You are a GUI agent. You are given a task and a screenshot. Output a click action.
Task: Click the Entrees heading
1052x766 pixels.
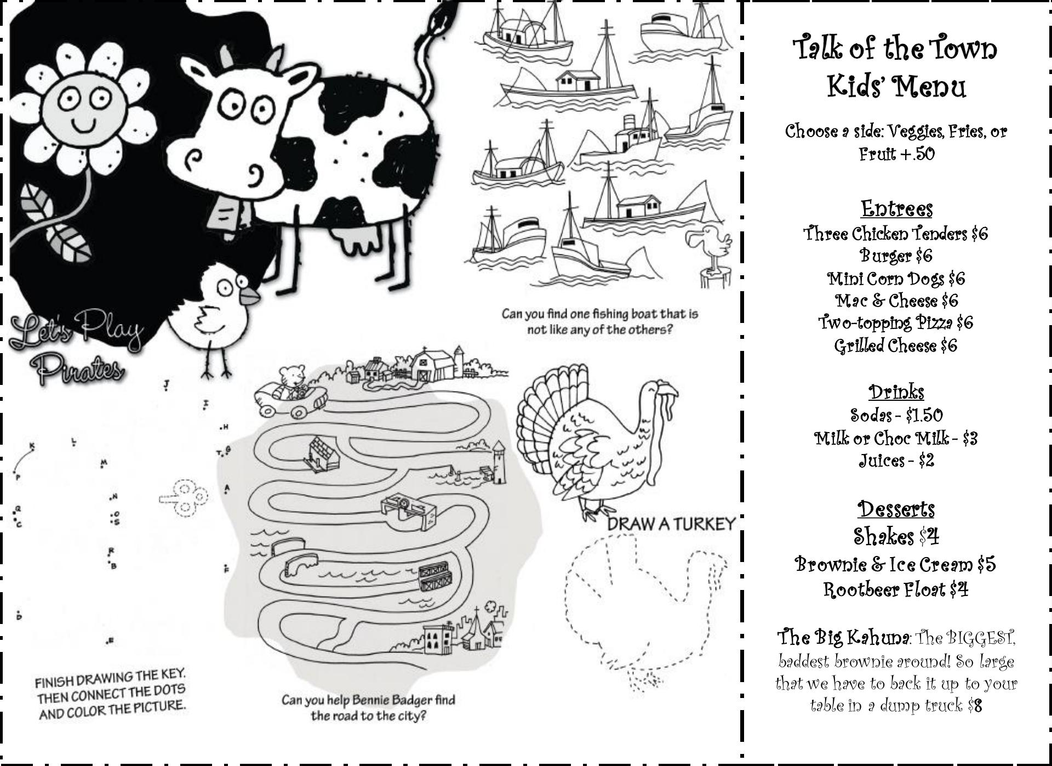coord(896,208)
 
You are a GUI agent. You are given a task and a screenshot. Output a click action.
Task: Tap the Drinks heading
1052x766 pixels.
coord(896,391)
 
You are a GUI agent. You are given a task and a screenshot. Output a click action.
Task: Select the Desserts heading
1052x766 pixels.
coord(896,509)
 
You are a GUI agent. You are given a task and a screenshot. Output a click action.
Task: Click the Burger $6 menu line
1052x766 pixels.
coord(896,256)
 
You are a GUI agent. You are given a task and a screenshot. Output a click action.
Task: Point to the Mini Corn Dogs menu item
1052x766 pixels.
coord(896,279)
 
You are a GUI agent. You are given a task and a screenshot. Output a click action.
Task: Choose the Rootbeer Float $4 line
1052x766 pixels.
coord(896,589)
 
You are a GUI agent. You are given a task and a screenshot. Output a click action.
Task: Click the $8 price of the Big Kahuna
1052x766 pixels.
coord(975,705)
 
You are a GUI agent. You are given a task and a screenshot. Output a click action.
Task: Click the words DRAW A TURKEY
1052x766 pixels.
coord(670,524)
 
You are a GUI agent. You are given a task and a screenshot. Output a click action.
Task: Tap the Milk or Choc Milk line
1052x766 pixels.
coord(896,438)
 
